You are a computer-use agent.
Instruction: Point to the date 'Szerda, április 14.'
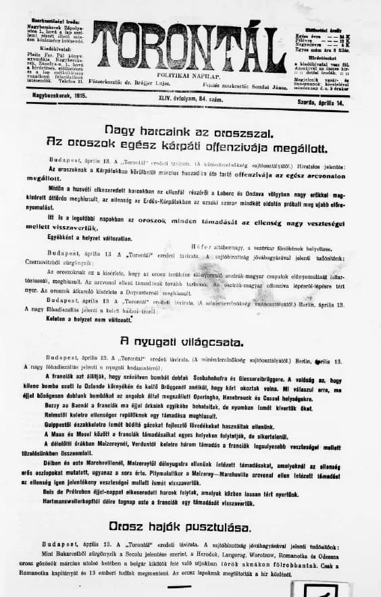click(x=328, y=97)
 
